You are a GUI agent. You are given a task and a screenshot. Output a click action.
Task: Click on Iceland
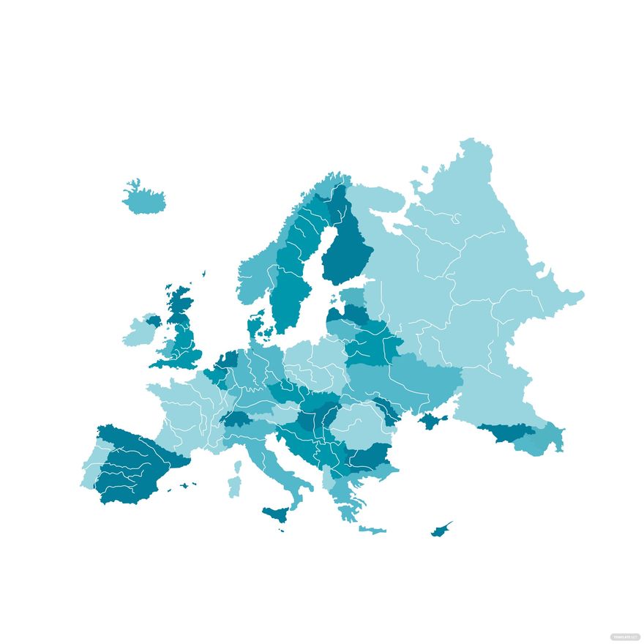coord(144,198)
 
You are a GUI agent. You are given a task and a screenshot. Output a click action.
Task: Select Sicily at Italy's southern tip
coord(274,514)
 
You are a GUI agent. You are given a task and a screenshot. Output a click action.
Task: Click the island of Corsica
coord(237,466)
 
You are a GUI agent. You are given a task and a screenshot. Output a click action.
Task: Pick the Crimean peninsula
coord(432,422)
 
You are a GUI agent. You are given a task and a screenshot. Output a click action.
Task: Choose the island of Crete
coord(372,529)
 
